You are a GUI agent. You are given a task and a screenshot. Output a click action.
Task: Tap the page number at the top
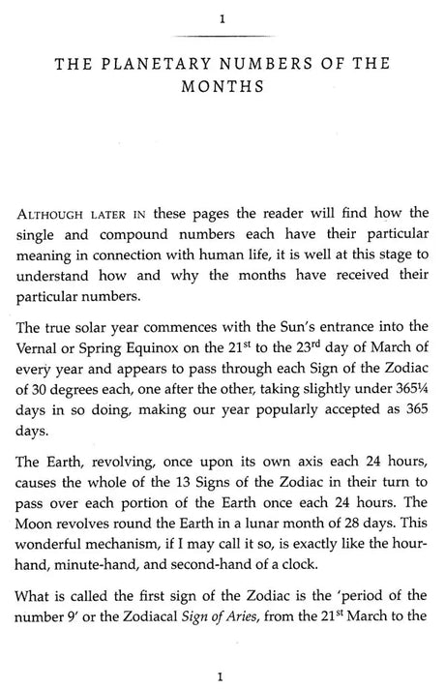pyautogui.click(x=222, y=19)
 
